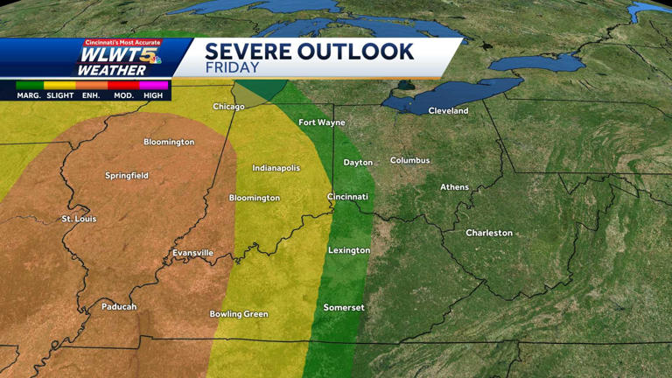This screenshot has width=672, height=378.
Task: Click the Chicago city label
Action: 228,107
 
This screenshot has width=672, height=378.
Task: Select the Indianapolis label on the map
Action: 276,168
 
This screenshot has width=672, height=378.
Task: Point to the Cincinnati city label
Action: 347,197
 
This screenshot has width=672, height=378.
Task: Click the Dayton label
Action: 358,163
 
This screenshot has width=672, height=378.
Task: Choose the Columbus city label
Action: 409,161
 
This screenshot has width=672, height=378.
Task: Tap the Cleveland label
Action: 448,111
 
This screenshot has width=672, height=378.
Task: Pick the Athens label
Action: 454,187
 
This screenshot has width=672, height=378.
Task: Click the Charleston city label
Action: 488,233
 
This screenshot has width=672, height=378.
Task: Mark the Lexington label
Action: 348,250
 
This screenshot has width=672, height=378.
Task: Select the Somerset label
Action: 343,308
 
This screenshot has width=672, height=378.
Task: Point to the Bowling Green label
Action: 239,314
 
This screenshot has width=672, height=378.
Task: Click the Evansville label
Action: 192,253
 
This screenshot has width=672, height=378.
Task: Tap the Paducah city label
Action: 119,307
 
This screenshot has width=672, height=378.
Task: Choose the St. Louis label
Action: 79,219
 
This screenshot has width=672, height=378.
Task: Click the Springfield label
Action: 127,176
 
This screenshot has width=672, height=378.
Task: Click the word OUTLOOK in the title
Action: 353,52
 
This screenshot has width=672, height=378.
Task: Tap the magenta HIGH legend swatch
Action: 153,85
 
